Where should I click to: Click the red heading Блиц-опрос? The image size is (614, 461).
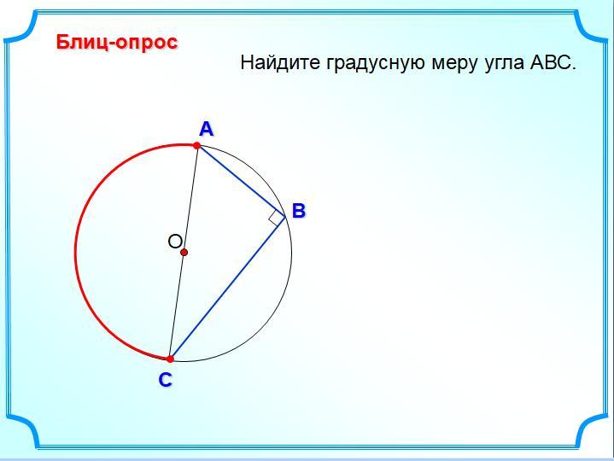coord(117,43)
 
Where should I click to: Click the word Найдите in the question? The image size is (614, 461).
coord(280,62)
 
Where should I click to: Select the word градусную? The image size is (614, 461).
coord(376,63)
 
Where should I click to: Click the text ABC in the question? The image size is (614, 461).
coord(553,62)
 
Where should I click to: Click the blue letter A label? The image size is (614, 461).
coord(207,129)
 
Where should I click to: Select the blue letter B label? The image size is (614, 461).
coord(298,210)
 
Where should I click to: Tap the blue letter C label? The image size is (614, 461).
coord(166,380)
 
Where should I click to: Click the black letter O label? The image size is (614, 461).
coord(175,242)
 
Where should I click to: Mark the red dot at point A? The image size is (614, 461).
coord(196,146)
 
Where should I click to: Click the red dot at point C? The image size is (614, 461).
coord(170,359)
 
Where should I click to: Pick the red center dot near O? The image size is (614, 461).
coord(184,253)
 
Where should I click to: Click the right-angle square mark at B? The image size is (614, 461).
coord(277,218)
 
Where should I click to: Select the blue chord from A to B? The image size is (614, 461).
coord(241,181)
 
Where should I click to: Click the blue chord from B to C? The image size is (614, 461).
coord(227,288)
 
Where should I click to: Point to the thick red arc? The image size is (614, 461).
coord(75,253)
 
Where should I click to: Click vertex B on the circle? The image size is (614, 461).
coord(285,217)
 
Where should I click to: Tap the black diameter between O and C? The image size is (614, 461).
coord(177,306)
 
